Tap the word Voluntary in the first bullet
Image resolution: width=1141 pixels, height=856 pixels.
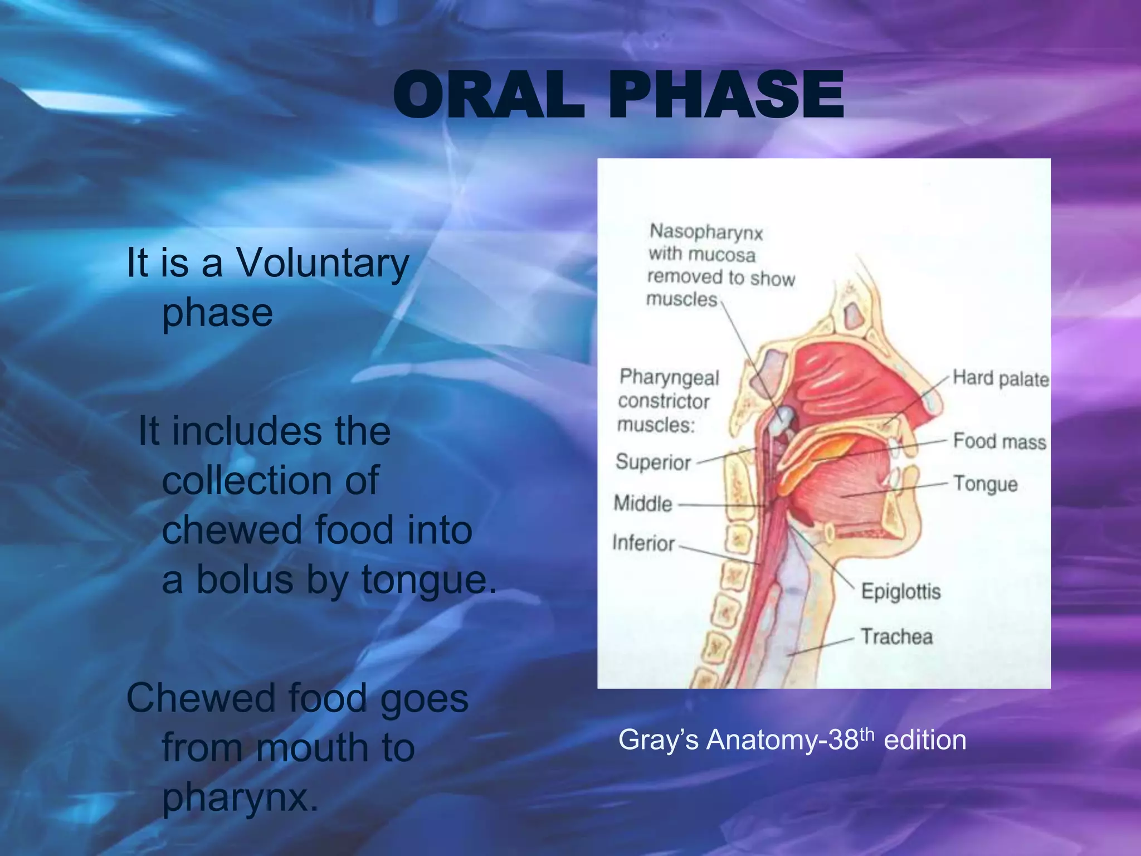click(x=323, y=262)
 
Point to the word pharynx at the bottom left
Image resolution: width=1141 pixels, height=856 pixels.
click(x=240, y=797)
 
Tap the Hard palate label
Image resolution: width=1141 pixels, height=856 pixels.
click(x=1001, y=378)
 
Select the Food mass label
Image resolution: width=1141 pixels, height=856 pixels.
click(x=999, y=441)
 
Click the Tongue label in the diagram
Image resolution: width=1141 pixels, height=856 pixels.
click(x=985, y=484)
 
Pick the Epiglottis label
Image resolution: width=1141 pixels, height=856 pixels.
click(x=900, y=591)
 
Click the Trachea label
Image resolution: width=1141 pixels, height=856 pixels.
click(x=896, y=636)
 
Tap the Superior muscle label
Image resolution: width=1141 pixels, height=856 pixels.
click(x=653, y=463)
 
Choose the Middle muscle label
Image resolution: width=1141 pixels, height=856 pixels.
click(x=643, y=504)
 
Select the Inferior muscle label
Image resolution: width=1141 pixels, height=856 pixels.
click(x=643, y=543)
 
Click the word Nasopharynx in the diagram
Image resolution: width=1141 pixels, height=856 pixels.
click(x=706, y=232)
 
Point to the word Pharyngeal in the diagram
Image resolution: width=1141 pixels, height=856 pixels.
click(x=669, y=378)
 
